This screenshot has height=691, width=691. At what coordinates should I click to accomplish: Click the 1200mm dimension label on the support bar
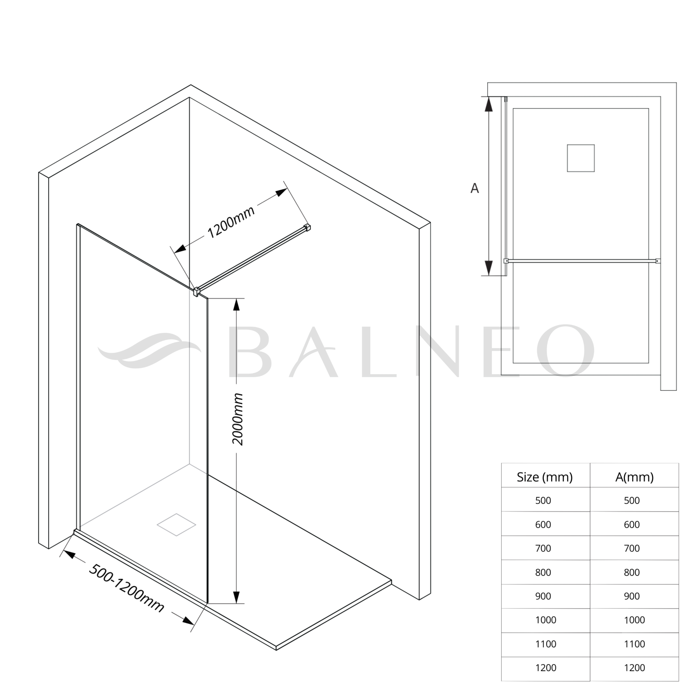(x=231, y=222)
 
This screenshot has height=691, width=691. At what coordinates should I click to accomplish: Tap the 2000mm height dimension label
(x=238, y=419)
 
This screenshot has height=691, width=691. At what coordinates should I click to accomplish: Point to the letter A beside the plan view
(x=474, y=188)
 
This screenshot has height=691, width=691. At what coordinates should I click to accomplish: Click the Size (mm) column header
(x=545, y=477)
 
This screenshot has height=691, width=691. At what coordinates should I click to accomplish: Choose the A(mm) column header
(x=635, y=477)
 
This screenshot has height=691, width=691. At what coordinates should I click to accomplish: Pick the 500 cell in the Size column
(x=543, y=501)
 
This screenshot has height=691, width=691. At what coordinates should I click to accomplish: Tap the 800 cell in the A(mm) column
(x=632, y=573)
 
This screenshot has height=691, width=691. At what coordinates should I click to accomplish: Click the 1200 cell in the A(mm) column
(x=635, y=668)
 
